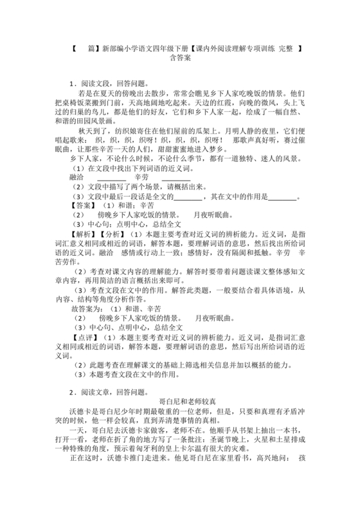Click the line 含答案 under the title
pos(180,57)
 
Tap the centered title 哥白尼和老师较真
pos(180,401)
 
